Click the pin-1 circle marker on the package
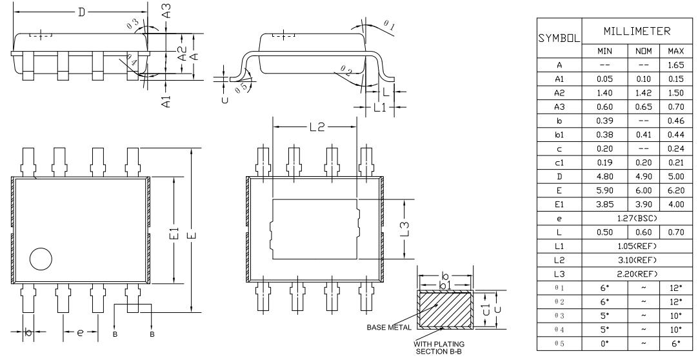click(39, 259)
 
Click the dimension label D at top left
click(81, 12)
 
